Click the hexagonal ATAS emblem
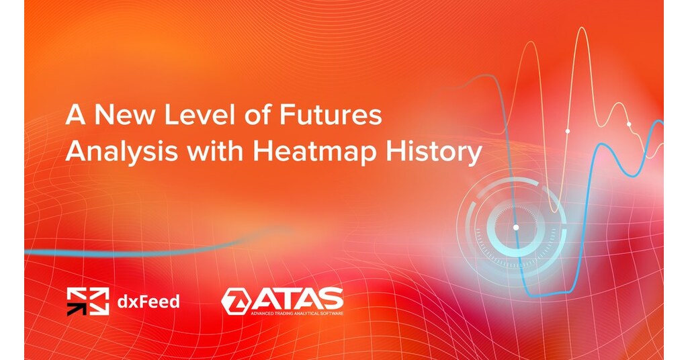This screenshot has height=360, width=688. pyautogui.click(x=235, y=301)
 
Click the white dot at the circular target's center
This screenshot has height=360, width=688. pyautogui.click(x=516, y=227)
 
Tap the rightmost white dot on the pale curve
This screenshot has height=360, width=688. pyautogui.click(x=629, y=124)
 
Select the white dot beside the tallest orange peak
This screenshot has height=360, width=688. pyautogui.click(x=567, y=130)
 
